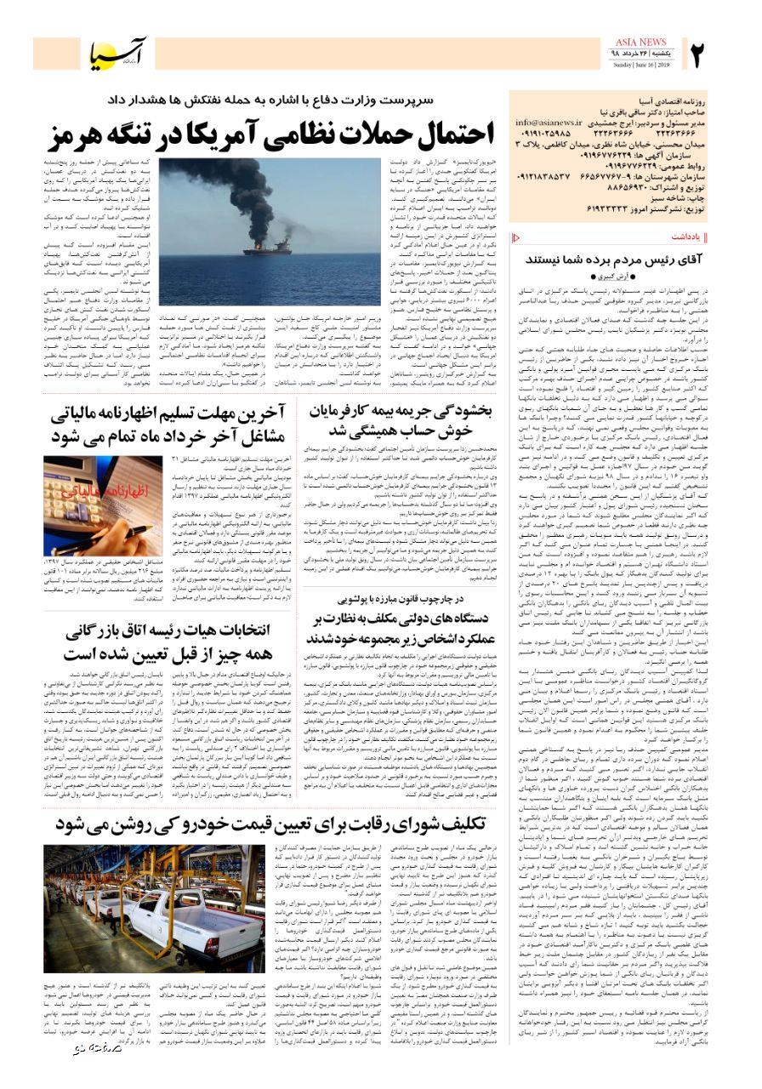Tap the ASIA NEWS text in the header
[640, 43]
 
